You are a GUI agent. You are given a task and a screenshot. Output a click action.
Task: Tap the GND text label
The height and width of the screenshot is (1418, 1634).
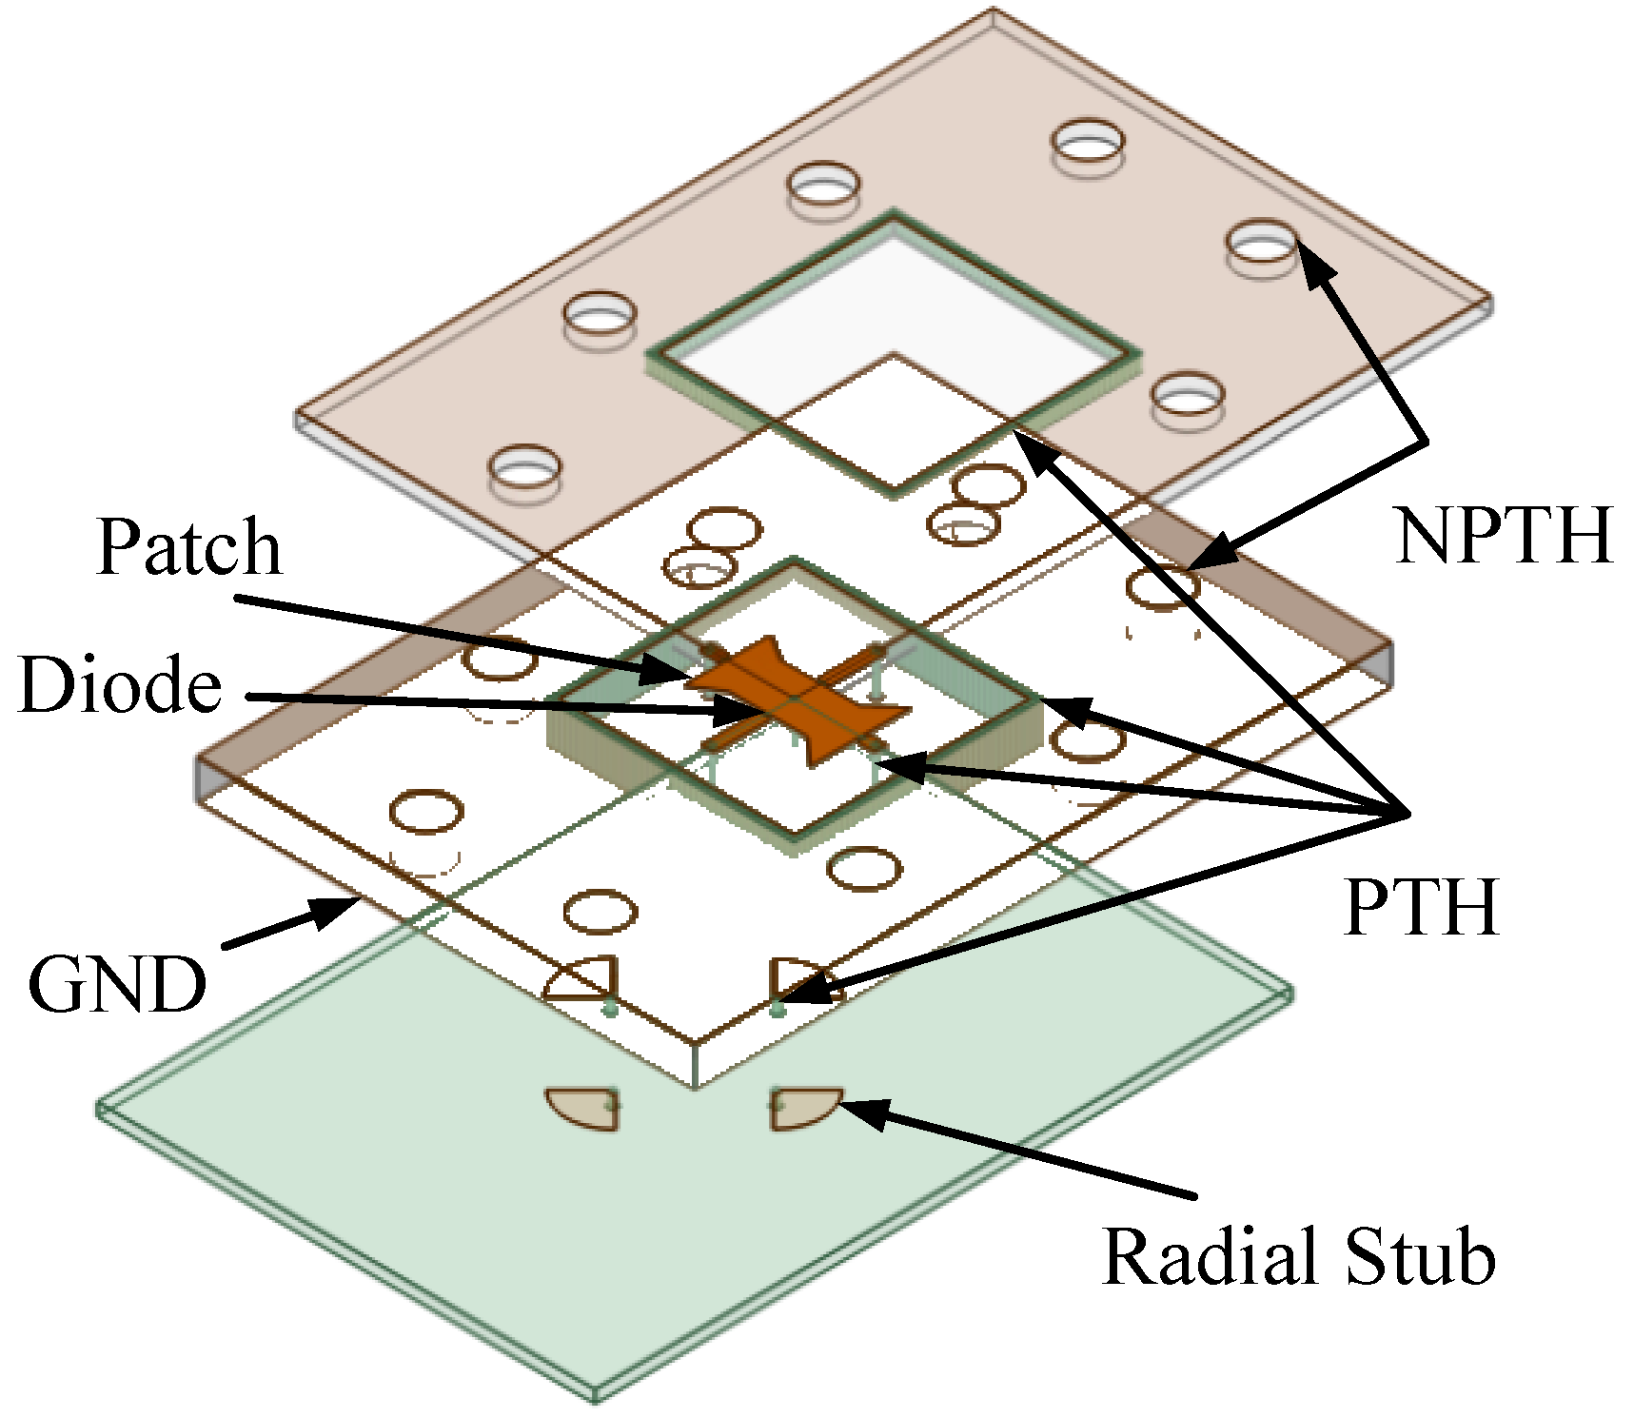[116, 985]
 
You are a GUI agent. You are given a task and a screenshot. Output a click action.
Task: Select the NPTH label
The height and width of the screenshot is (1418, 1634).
[1503, 535]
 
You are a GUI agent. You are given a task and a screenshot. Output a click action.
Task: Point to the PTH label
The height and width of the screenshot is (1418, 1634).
[1420, 907]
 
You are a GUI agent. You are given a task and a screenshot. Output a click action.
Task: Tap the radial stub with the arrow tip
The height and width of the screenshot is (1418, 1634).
[805, 1110]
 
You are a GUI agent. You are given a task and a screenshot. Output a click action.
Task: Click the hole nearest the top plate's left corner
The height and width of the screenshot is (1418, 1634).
[523, 468]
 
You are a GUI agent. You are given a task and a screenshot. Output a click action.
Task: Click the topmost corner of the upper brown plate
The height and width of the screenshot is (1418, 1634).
[993, 11]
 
